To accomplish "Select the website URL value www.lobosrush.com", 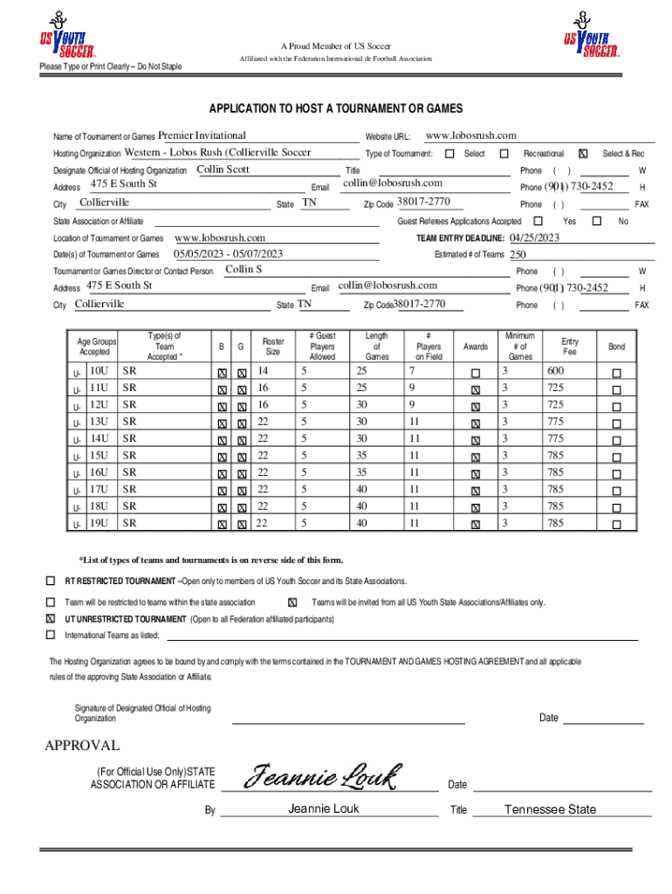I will [470, 135].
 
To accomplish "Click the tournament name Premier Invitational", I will [202, 135].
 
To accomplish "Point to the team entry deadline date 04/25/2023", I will [534, 237].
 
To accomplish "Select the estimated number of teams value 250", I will [518, 255].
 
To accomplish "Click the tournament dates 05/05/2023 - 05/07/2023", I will [229, 254].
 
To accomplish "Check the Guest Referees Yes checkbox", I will [538, 222].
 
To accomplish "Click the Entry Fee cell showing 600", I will [555, 372].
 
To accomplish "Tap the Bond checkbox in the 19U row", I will [617, 525].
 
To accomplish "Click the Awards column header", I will [476, 347].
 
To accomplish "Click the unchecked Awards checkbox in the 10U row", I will [476, 373].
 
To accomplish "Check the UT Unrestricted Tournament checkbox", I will [51, 618].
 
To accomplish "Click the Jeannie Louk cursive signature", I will [323, 775].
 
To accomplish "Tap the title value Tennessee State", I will [550, 809].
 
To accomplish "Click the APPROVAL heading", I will [82, 746].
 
